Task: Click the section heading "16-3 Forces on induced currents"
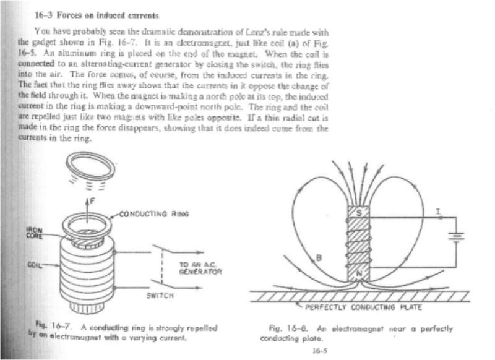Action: [x=97, y=15]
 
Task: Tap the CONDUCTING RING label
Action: [x=154, y=214]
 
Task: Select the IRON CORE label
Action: [x=34, y=233]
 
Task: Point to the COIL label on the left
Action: [x=35, y=264]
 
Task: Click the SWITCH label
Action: [x=160, y=296]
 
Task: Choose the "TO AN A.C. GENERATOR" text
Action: [x=200, y=268]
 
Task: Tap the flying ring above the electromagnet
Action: [x=90, y=166]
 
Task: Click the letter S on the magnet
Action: [x=359, y=213]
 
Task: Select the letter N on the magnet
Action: [x=359, y=273]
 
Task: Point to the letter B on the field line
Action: [x=319, y=258]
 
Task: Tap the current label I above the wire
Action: [x=438, y=212]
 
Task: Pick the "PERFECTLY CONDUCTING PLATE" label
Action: [x=363, y=307]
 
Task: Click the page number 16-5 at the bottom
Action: [x=320, y=351]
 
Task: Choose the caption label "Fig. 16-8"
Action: [x=288, y=328]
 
